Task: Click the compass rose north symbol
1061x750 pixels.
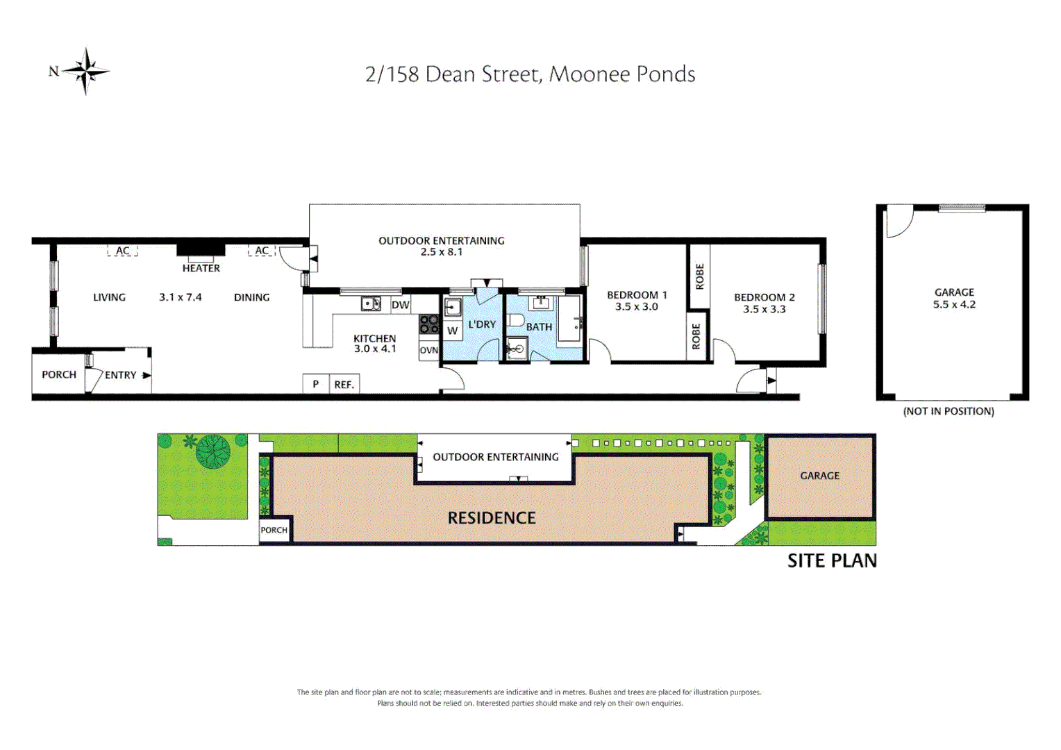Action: coord(85,71)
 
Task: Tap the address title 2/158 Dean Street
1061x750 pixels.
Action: coord(530,74)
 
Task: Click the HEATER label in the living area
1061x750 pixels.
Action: coord(201,268)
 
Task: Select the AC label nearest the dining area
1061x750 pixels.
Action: coord(262,251)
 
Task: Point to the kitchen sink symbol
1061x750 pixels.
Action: coord(370,304)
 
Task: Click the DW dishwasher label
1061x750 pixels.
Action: coord(400,305)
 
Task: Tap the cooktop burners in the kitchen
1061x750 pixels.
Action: coord(429,324)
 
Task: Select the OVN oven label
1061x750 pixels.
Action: coord(428,351)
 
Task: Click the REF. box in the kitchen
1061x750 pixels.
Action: coord(344,384)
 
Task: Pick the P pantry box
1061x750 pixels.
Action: coord(315,384)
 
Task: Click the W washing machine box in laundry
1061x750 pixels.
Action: coord(453,331)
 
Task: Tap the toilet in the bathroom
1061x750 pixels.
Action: coord(515,320)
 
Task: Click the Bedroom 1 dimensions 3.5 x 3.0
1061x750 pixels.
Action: coord(636,307)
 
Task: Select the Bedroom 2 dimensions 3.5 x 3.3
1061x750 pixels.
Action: coord(764,309)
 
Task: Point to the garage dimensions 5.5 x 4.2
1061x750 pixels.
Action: coord(954,304)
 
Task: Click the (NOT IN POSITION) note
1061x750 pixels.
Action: coord(949,411)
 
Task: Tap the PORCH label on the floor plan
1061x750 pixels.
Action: coord(59,374)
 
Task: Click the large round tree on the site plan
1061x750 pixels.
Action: coord(213,451)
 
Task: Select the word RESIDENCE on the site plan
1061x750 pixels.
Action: coord(492,518)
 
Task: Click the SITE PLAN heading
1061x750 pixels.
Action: coord(832,561)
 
